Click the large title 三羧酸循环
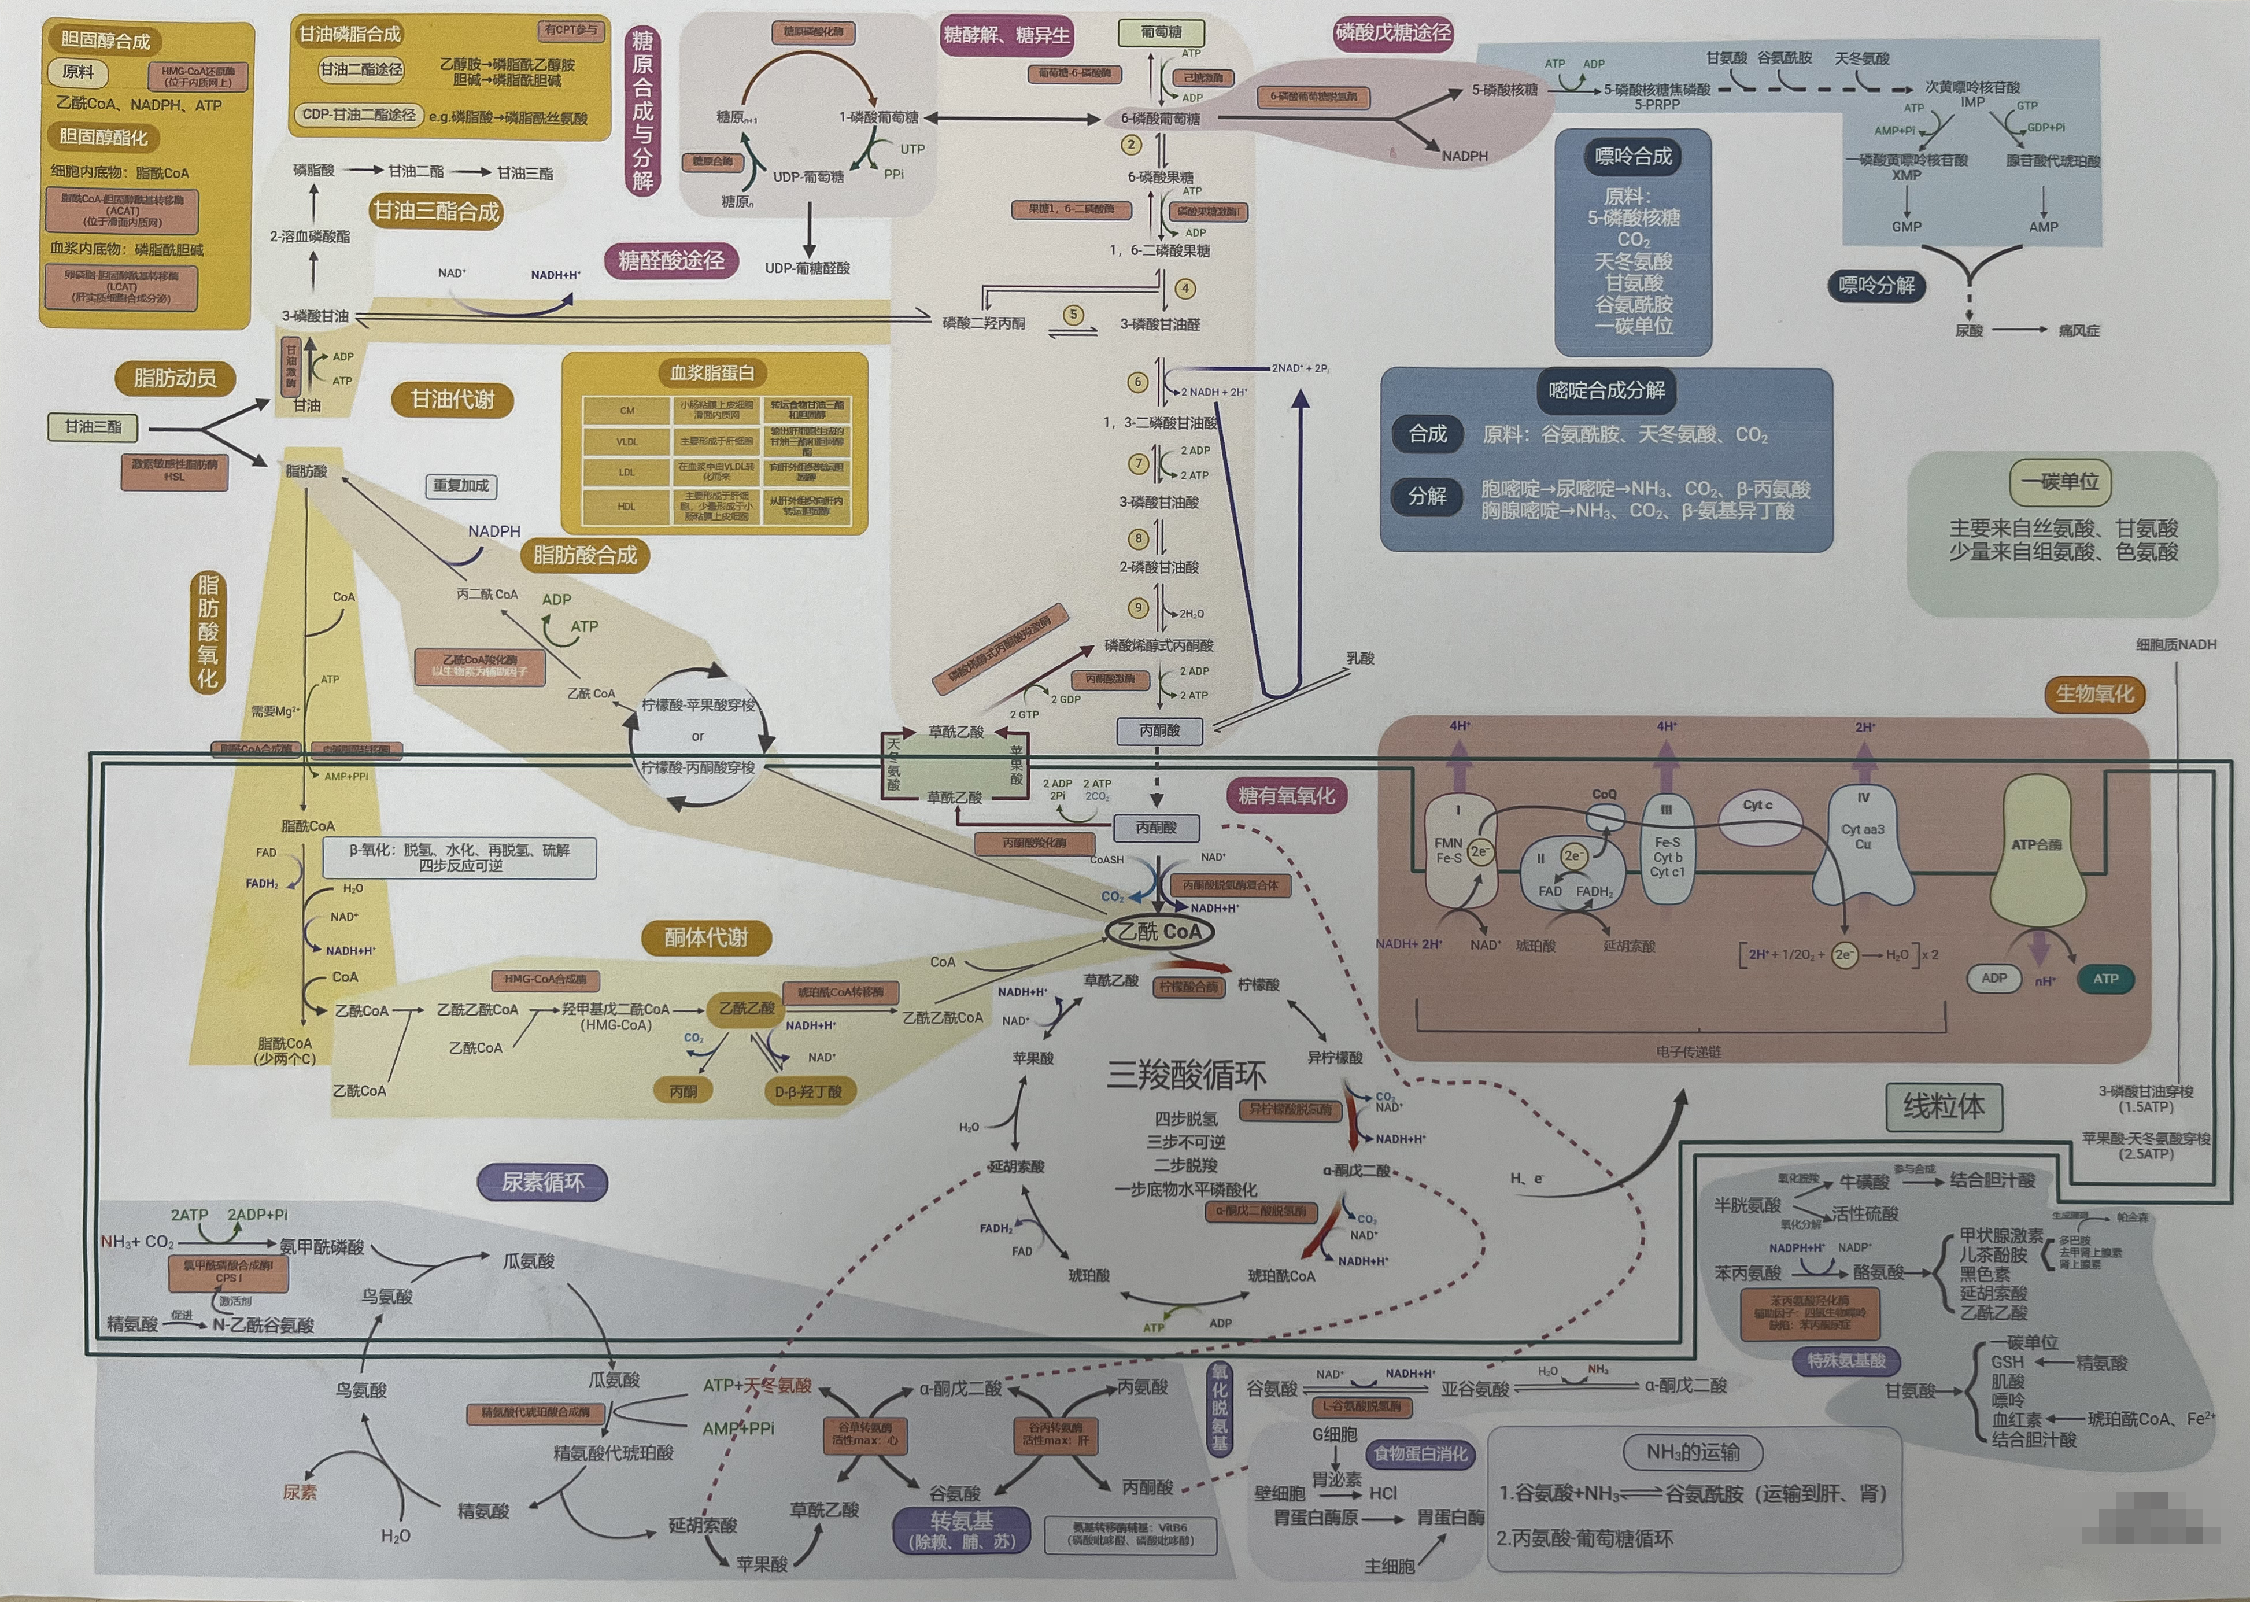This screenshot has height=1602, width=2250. (1185, 1074)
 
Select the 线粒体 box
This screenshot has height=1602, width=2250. (1943, 1107)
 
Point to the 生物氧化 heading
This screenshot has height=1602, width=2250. (2093, 693)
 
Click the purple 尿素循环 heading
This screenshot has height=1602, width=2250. (542, 1182)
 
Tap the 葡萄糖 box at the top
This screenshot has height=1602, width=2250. (1161, 32)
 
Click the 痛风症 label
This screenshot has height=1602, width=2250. (2078, 330)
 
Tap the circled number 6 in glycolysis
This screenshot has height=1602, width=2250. (1137, 382)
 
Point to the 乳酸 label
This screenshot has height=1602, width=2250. (1359, 658)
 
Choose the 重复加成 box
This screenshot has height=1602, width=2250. (461, 485)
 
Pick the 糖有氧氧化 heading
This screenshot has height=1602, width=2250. (1286, 795)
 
